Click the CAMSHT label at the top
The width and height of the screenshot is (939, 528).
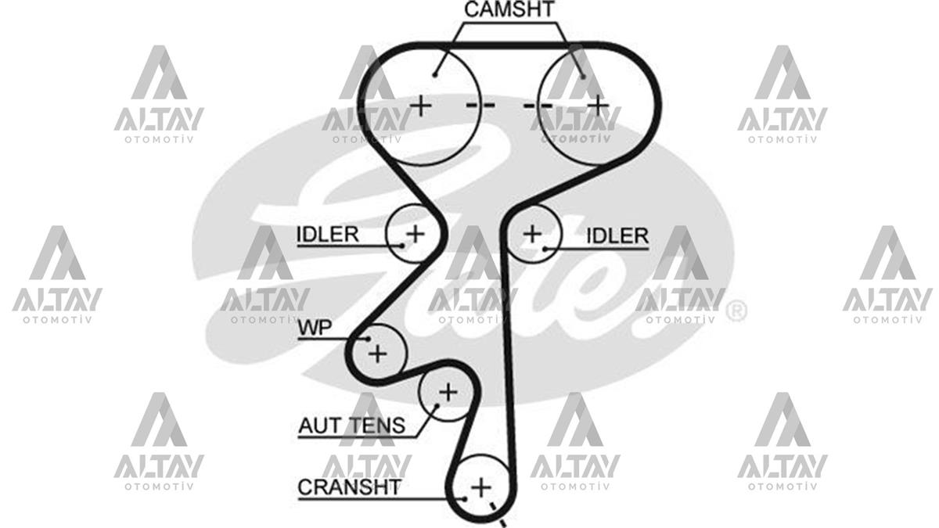509,9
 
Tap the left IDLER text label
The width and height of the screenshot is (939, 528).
327,234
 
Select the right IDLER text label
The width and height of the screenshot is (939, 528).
617,236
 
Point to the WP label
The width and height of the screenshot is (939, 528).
315,328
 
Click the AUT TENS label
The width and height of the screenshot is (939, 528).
351,426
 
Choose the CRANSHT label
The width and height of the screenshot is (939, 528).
349,487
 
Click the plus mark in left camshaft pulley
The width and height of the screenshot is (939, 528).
420,105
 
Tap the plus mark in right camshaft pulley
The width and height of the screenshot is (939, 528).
598,105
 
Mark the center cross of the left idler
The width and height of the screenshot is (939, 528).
416,233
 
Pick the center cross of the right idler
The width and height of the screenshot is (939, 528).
532,233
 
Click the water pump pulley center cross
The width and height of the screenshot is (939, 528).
377,354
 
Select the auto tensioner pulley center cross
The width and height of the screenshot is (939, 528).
448,392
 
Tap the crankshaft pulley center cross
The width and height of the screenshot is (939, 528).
480,488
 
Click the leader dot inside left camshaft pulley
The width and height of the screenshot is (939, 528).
435,75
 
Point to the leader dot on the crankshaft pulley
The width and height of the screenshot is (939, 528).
465,499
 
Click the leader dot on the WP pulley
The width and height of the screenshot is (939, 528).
369,339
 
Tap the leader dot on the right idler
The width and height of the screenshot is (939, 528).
545,249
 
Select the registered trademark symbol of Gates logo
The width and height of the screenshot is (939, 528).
736,311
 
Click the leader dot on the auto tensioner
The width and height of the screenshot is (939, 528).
437,406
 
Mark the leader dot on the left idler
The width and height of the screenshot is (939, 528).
402,246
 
